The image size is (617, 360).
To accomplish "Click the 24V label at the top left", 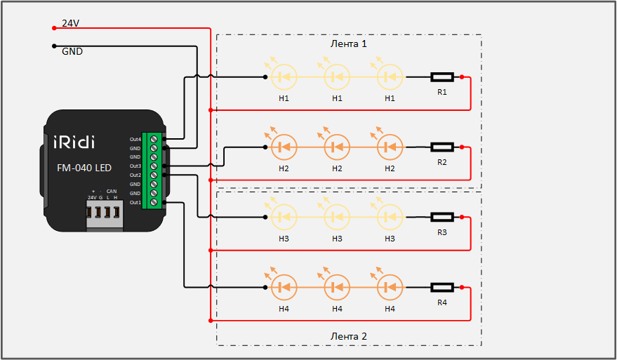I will (70, 23).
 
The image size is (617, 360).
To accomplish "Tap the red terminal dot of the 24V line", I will (54, 28).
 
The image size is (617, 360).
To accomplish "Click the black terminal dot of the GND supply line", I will (54, 46).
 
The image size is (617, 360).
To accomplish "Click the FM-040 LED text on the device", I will (84, 168).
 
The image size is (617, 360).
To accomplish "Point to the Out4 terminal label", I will (135, 139).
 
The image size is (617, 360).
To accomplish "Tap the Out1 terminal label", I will (135, 202).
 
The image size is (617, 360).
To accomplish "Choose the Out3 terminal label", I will (135, 166).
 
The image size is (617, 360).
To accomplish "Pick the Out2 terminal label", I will (135, 175).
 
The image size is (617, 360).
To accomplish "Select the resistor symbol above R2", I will (442, 147).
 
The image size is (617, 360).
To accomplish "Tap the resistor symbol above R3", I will (442, 217).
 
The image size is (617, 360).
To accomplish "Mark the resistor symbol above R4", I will (442, 287).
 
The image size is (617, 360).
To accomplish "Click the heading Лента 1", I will (349, 44).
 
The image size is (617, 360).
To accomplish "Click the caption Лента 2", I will (349, 336).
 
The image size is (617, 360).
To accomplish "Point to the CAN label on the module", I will (111, 191).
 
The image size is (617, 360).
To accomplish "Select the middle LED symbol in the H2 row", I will (337, 147).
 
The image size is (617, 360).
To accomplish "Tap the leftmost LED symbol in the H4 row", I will (284, 287).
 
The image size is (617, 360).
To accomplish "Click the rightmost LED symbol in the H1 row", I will (390, 76).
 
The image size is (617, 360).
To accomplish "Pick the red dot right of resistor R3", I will (462, 217).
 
